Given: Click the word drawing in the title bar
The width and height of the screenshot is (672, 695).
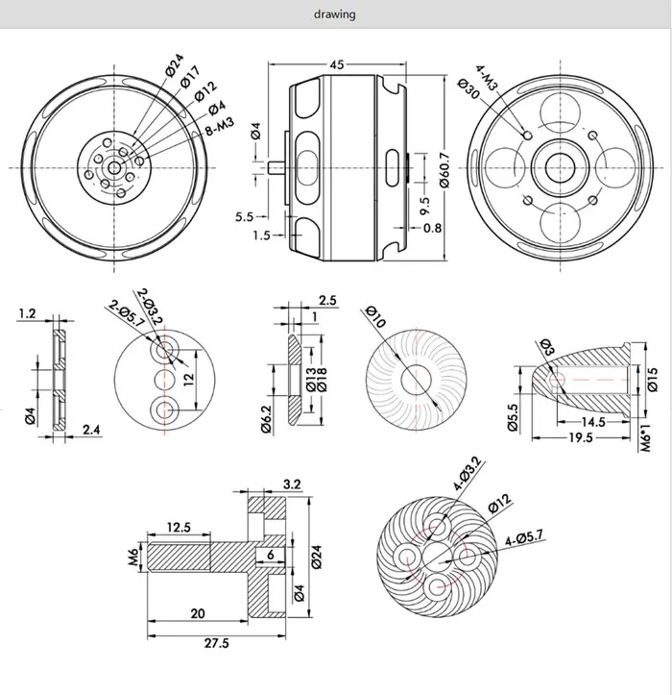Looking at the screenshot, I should click(335, 14).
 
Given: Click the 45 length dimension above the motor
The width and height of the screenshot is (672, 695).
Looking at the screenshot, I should click(336, 66).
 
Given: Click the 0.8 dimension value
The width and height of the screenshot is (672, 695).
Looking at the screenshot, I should click(433, 228).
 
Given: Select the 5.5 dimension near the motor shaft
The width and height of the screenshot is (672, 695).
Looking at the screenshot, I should click(244, 217).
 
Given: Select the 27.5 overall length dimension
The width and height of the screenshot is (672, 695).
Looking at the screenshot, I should click(218, 644).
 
